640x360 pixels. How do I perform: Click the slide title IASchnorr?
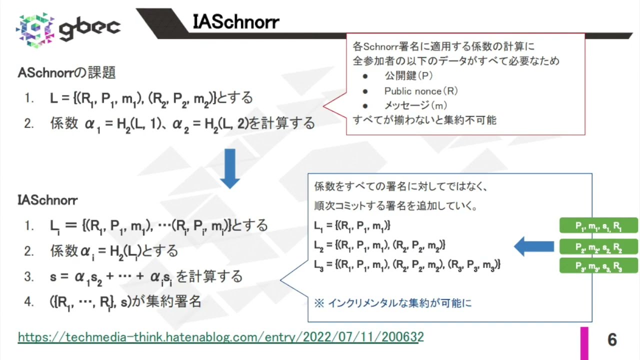click(x=235, y=22)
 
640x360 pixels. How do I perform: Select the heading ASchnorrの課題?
click(x=66, y=73)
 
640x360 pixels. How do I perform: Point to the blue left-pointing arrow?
click(x=533, y=246)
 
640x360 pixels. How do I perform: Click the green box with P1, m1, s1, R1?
click(x=598, y=225)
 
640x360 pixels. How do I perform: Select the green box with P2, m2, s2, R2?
click(x=598, y=247)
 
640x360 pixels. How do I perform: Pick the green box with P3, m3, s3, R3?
click(x=598, y=265)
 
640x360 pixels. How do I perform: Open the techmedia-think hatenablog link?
click(x=220, y=337)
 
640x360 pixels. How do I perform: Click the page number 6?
click(x=612, y=340)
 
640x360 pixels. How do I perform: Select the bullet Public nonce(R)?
click(x=420, y=91)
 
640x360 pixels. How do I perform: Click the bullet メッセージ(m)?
click(x=415, y=105)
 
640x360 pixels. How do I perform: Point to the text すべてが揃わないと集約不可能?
click(x=424, y=120)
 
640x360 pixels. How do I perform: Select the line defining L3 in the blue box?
click(x=407, y=264)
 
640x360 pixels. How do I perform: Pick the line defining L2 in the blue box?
click(x=379, y=245)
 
